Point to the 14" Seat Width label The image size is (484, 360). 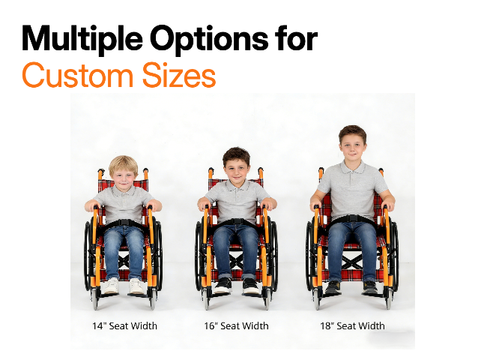pos(124,325)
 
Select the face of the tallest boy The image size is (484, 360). pos(351,145)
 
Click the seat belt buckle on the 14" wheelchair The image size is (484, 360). pos(124,222)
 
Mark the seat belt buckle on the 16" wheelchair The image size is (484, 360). pos(237,222)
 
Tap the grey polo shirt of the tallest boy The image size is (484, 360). pos(351,187)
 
